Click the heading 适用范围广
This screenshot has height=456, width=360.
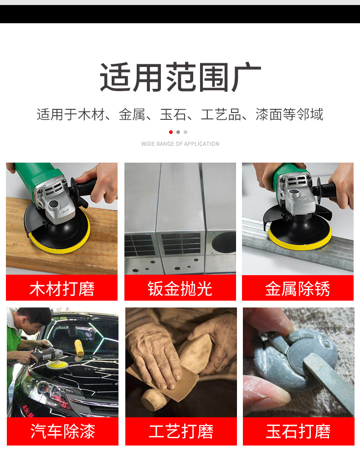coord(180,78)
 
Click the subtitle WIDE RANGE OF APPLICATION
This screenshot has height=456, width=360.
coord(180,144)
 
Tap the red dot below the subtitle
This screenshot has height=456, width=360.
coord(171,132)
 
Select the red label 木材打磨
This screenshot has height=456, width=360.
coord(62,288)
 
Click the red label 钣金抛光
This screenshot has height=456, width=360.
coord(180,288)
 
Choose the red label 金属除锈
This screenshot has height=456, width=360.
coord(298,288)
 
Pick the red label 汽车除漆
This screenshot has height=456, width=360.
coord(62,431)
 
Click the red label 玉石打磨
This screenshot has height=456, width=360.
coord(298,431)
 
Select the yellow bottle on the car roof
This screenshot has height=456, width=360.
coord(76,346)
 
